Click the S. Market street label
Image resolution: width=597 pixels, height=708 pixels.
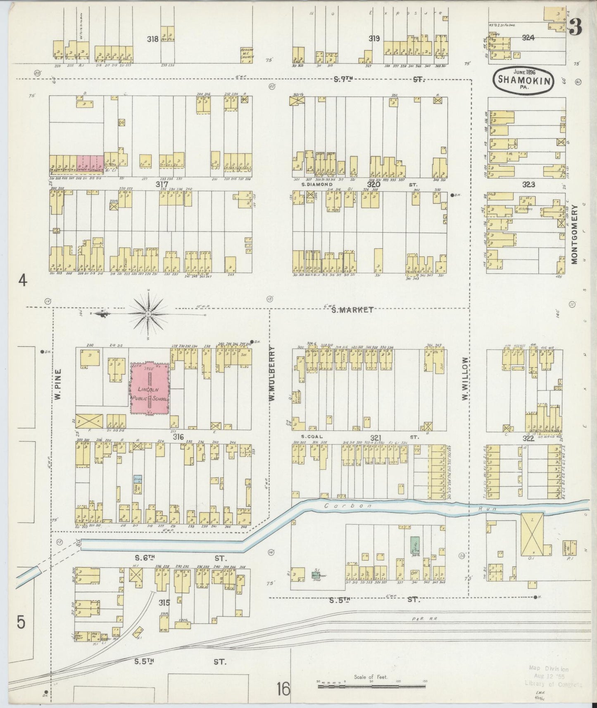(x=352, y=310)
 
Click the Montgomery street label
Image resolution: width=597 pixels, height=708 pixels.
(x=574, y=235)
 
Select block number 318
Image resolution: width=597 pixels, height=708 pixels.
(x=153, y=39)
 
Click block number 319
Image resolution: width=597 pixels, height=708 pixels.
(x=374, y=38)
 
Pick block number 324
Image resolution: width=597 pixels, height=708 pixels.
(x=528, y=38)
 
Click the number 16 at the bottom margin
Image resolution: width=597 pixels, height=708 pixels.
(x=283, y=689)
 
